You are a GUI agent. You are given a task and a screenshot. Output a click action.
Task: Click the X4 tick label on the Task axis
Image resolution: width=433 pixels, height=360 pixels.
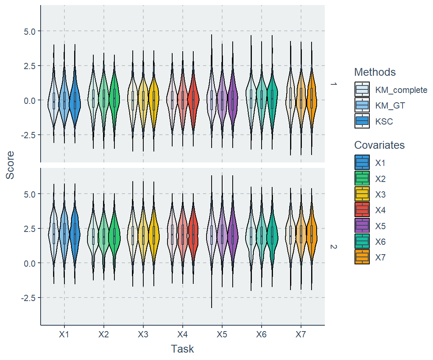(182, 335)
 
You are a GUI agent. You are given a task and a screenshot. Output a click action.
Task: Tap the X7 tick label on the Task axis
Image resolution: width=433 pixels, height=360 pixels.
(301, 335)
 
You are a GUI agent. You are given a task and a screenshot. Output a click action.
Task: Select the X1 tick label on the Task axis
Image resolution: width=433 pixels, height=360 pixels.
(64, 335)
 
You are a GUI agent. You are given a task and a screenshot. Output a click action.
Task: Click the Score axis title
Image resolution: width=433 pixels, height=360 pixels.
(10, 165)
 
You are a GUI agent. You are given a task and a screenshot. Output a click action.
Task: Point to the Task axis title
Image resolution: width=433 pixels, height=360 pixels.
(182, 349)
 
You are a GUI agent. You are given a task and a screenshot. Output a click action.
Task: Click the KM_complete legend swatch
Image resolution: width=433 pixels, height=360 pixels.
(362, 89)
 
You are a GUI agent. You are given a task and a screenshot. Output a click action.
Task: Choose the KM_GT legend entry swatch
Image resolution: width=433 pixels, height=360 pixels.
(362, 105)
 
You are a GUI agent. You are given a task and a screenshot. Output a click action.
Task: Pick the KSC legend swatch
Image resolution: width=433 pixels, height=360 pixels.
(362, 121)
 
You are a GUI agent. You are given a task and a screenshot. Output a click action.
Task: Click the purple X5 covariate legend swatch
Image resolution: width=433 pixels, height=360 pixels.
(362, 226)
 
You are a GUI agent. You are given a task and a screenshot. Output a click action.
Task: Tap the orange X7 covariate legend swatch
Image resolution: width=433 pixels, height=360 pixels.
(362, 257)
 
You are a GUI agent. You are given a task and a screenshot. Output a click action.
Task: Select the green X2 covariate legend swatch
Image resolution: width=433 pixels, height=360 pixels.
(362, 178)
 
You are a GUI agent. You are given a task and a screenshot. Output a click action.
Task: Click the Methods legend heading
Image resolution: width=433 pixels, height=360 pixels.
(375, 72)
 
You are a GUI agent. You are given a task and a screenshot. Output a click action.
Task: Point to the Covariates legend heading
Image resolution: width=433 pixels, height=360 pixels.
(379, 145)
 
